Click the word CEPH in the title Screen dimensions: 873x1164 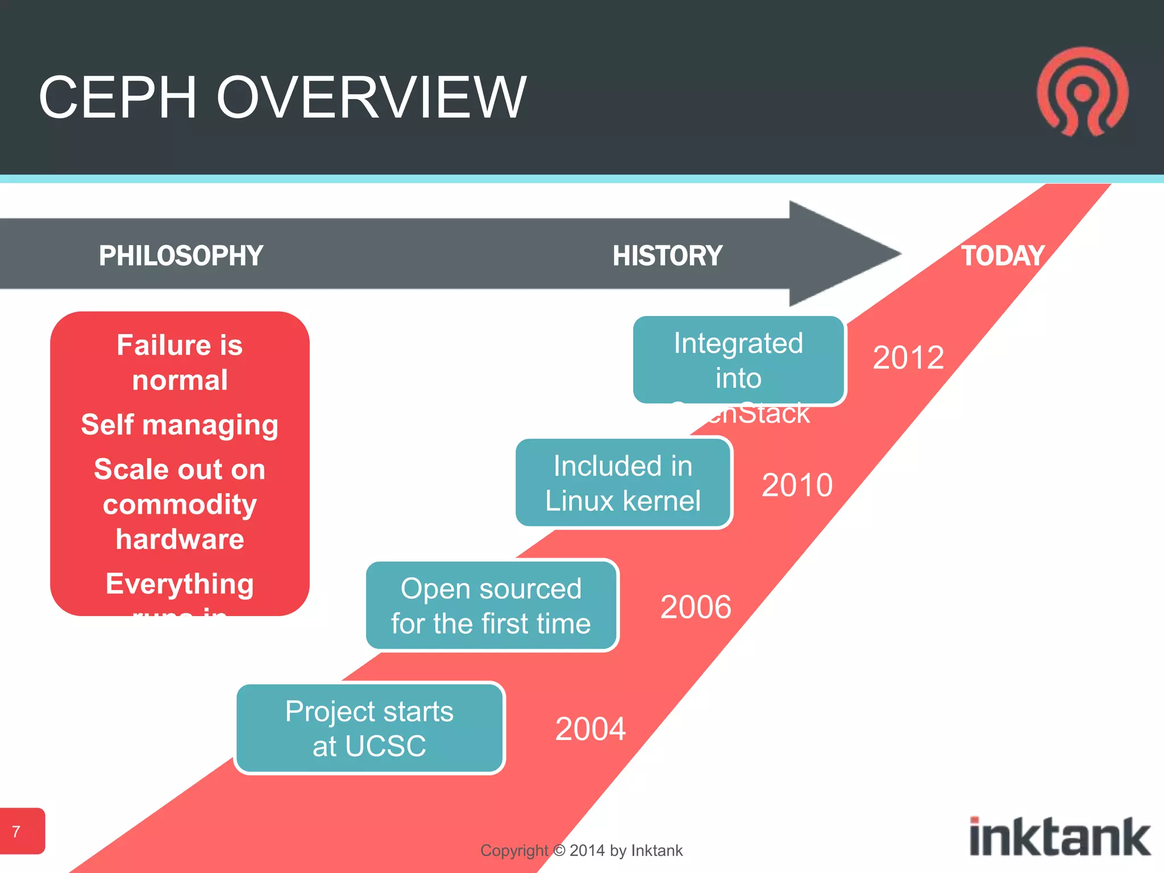118,98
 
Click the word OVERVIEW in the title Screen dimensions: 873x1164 371,98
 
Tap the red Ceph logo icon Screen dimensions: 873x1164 1082,92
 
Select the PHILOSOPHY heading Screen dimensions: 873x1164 181,256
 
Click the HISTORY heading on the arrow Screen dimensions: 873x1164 667,256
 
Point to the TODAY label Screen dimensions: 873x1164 1003,256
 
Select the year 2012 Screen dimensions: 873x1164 908,357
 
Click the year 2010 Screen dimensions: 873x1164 797,485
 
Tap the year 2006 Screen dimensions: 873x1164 696,606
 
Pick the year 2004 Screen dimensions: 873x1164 590,729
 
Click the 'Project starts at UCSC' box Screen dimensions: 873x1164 369,728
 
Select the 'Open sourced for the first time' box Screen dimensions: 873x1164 492,605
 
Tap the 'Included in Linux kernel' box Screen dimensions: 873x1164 623,483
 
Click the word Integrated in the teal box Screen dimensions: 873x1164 738,343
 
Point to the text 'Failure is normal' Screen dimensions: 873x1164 180,362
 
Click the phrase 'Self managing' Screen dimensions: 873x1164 180,425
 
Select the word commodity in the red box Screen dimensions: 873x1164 180,504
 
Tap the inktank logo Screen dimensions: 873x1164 1059,837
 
